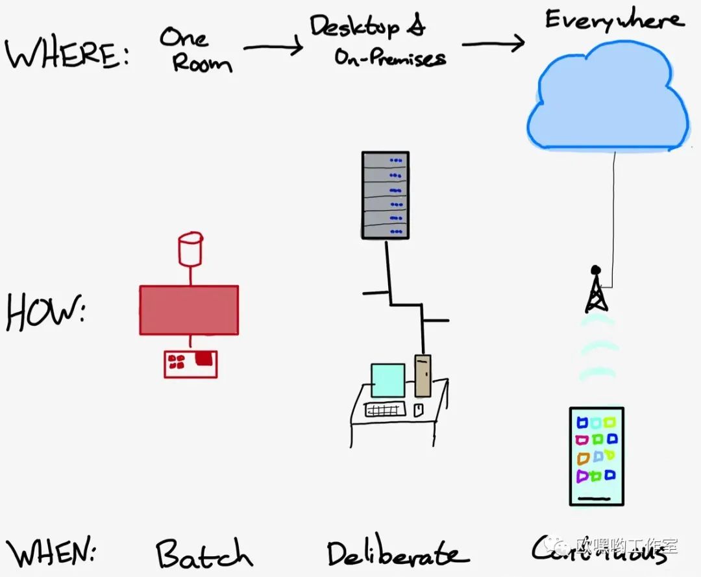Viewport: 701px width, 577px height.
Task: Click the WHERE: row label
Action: pyautogui.click(x=68, y=55)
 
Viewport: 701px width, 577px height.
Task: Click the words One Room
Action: pyautogui.click(x=195, y=50)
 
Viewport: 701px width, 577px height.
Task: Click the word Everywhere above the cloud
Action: pyautogui.click(x=613, y=20)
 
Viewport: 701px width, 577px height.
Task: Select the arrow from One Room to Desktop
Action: pyautogui.click(x=273, y=47)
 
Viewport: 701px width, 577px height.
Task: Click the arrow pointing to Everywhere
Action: pyautogui.click(x=493, y=44)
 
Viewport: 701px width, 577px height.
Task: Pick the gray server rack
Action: pyautogui.click(x=386, y=195)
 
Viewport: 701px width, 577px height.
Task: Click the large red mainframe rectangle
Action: pyautogui.click(x=189, y=310)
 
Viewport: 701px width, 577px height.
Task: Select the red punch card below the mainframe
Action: pyautogui.click(x=190, y=363)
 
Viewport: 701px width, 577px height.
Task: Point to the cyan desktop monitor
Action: pyautogui.click(x=387, y=380)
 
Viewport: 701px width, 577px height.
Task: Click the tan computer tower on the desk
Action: pyautogui.click(x=423, y=375)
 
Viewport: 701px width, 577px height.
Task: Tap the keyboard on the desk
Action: pyautogui.click(x=386, y=410)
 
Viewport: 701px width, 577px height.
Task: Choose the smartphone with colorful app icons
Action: pyautogui.click(x=596, y=456)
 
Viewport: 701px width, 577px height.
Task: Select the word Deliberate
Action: pyautogui.click(x=396, y=554)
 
